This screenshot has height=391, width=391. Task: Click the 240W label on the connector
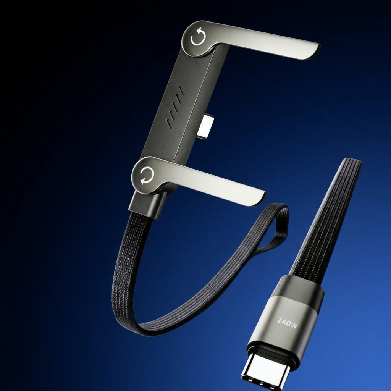[x=287, y=323]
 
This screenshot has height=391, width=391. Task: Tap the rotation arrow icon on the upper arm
[x=198, y=37]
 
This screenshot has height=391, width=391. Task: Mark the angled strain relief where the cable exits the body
[x=148, y=205]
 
